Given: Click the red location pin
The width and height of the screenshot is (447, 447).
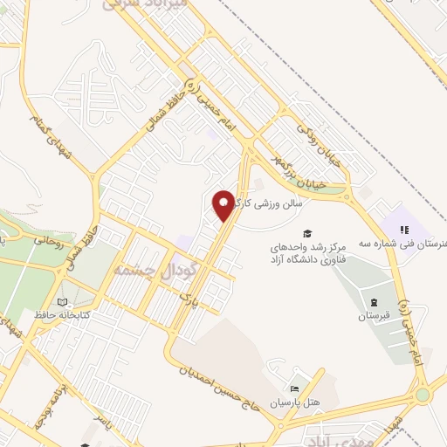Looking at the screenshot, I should (x=224, y=204).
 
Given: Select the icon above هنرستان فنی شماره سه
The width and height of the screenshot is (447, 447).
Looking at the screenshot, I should (x=404, y=230).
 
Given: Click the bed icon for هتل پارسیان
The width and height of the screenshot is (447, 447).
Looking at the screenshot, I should (x=294, y=389).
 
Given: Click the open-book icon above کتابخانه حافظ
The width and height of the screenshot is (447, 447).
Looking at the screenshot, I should (x=61, y=301).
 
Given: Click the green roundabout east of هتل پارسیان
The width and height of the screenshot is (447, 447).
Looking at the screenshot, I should (x=423, y=394).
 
